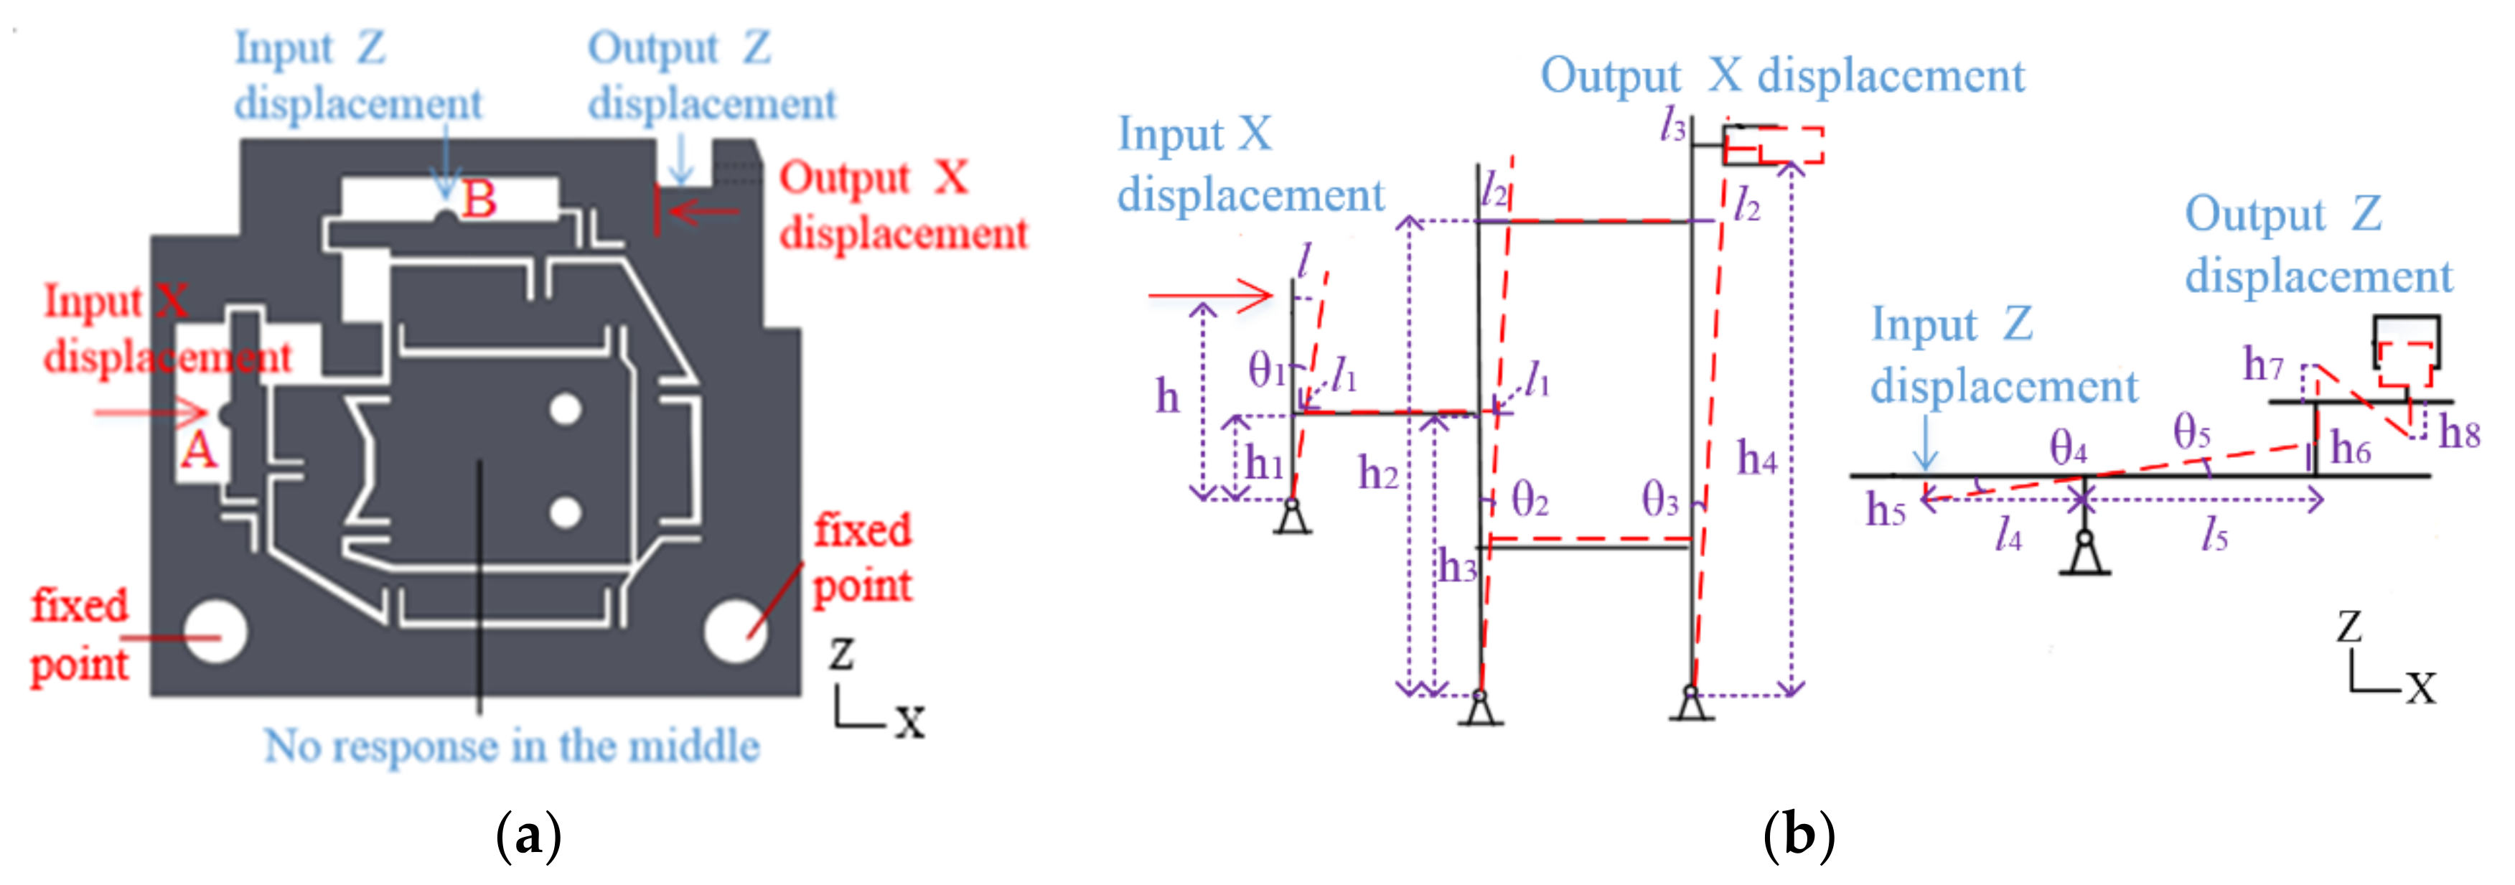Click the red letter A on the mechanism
(198, 450)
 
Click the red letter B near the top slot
(479, 200)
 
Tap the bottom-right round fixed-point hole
(735, 631)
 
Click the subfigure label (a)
(528, 836)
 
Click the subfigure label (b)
(1799, 836)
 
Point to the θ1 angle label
(1266, 371)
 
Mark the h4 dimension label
(1756, 457)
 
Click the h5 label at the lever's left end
(1886, 510)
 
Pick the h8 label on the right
(2458, 432)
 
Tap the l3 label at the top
(1673, 125)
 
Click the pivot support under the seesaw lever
(2084, 555)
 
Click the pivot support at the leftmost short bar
(1293, 518)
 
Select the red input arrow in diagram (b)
(1211, 294)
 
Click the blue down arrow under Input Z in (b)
(1925, 444)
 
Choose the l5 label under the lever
(2214, 534)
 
